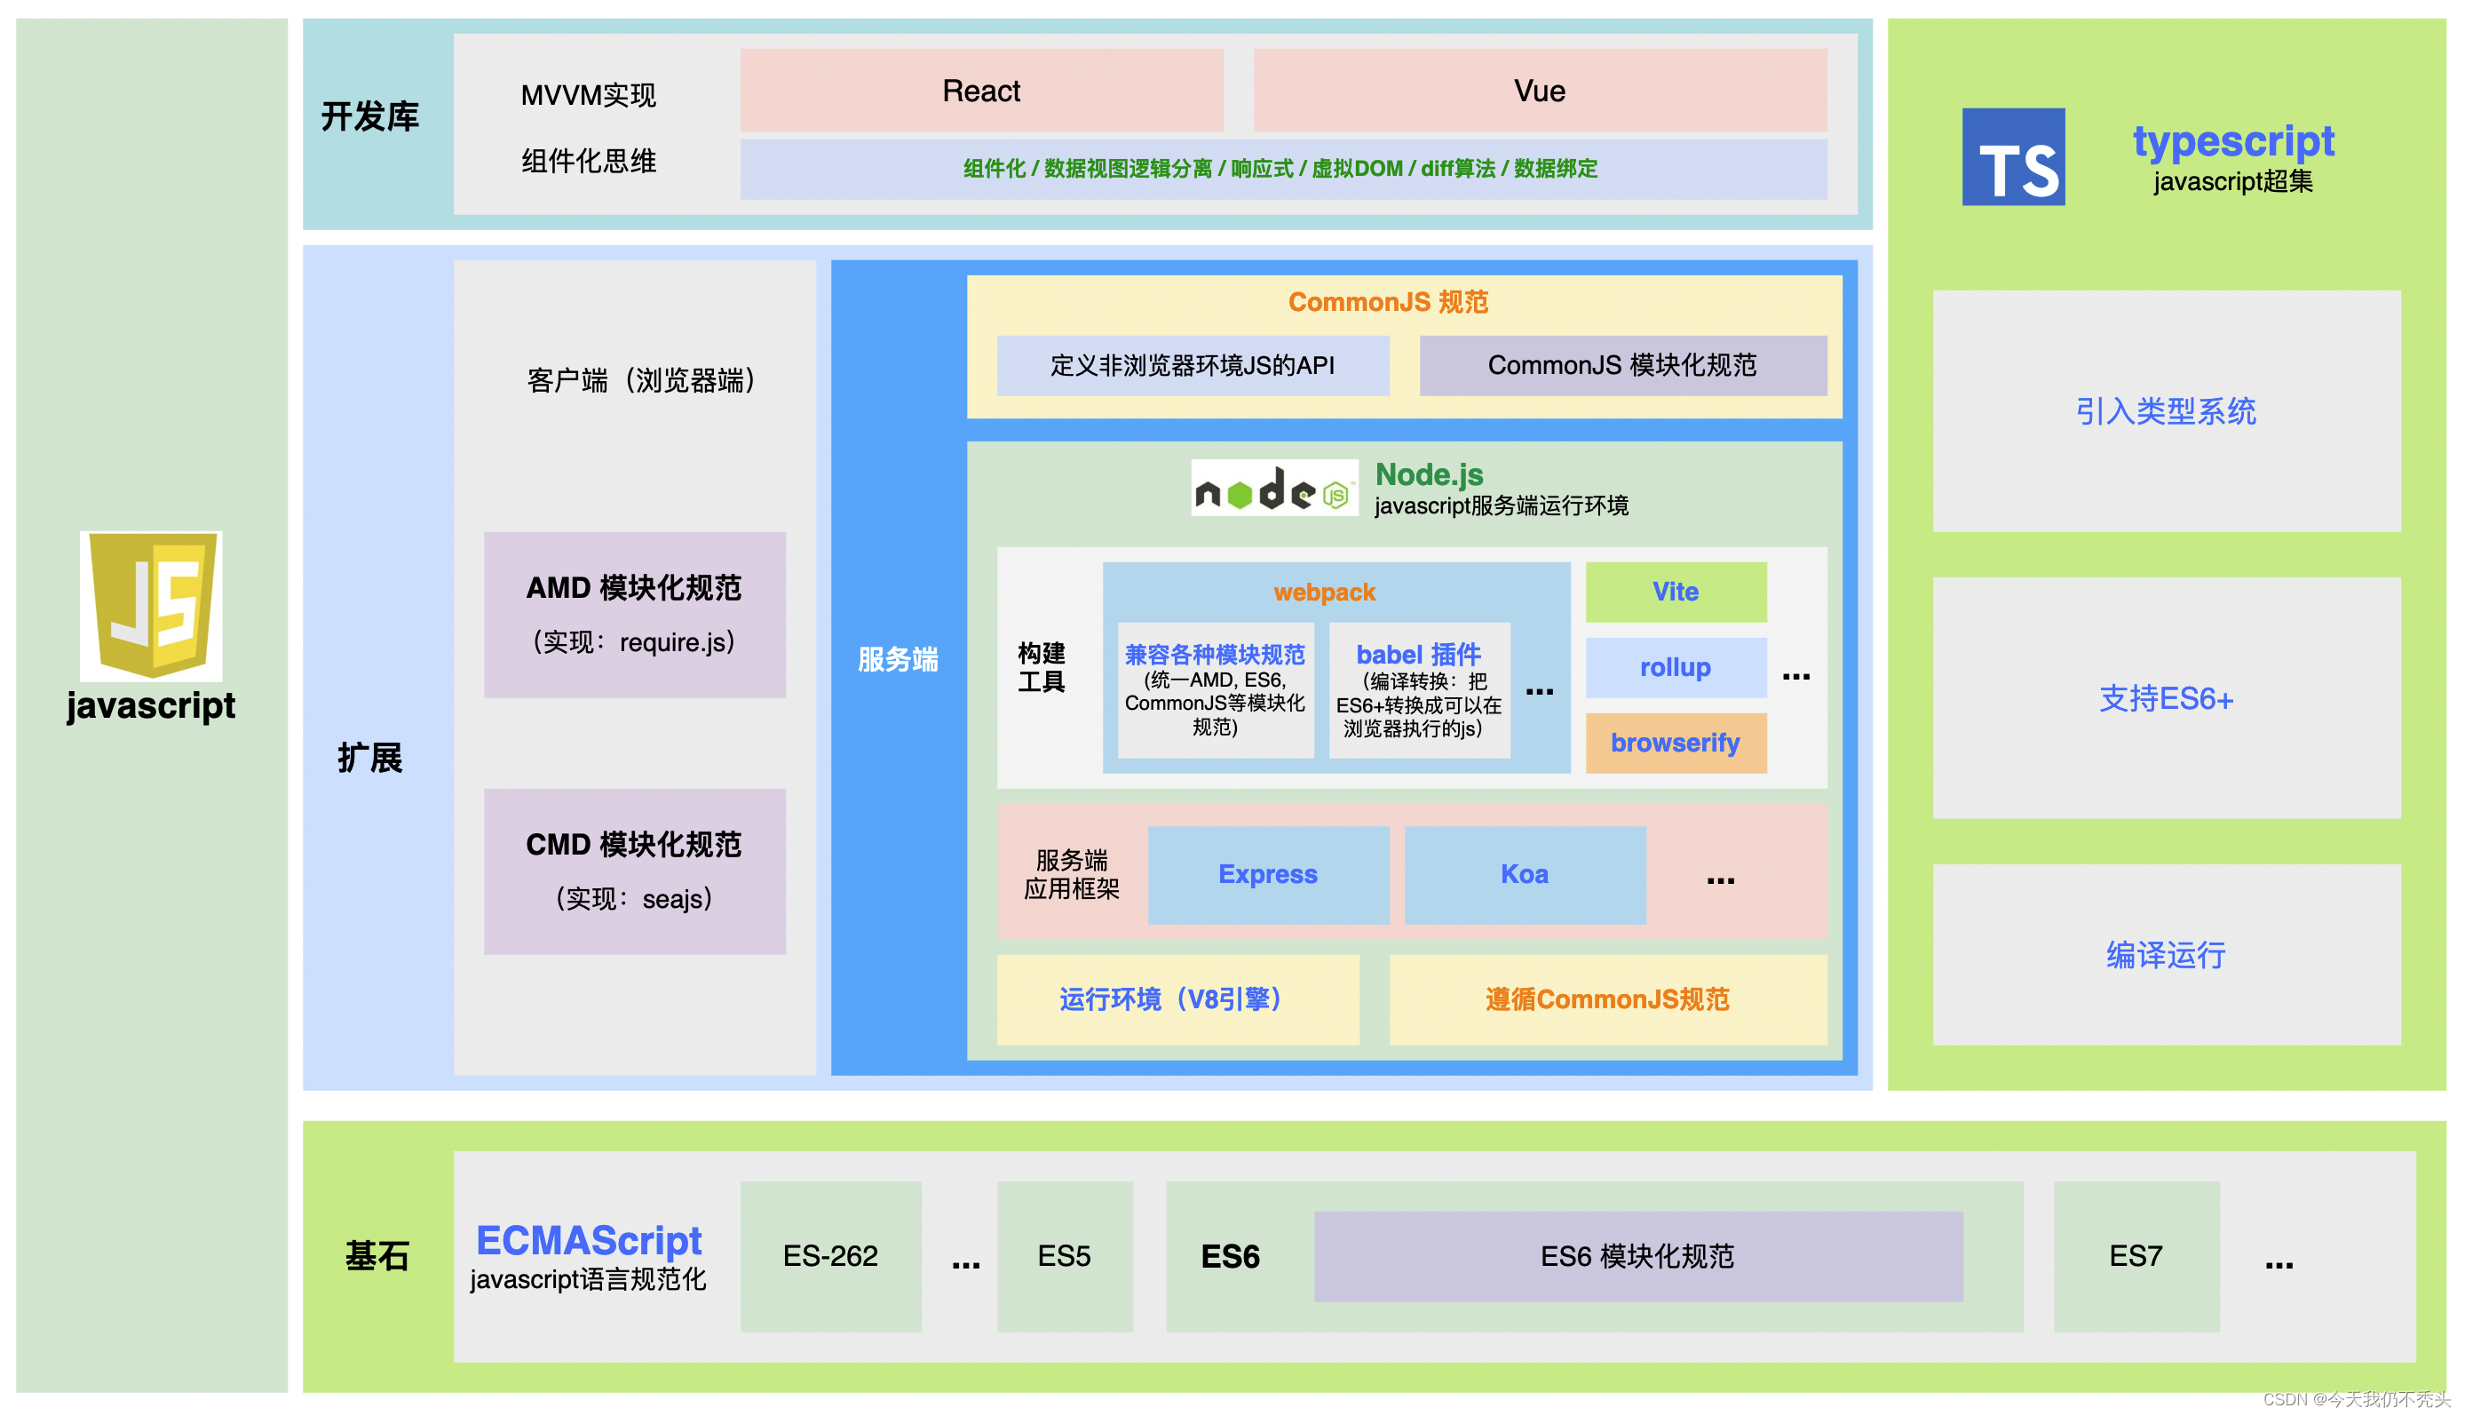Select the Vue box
(1540, 91)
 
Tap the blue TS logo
(2013, 156)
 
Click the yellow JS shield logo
(151, 604)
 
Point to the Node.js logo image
(1273, 489)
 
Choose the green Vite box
(1676, 592)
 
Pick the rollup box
(1676, 667)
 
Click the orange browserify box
(1676, 743)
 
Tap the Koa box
(1524, 874)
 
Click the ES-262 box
(830, 1255)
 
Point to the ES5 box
(1065, 1255)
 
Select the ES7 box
(2136, 1255)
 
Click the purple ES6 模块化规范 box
(1637, 1255)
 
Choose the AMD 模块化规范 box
(634, 614)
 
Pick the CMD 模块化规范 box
(634, 871)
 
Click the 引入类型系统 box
(2166, 410)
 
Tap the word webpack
(1324, 593)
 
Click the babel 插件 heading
(1418, 655)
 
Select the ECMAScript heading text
(588, 1240)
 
